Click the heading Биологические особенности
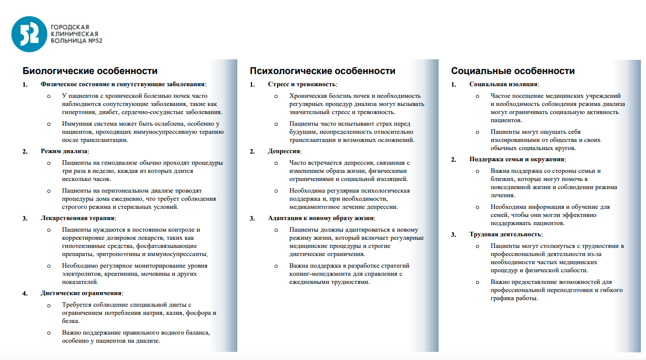click(87, 71)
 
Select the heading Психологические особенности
click(322, 71)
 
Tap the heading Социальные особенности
click(513, 71)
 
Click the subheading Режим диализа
click(64, 151)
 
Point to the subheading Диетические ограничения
click(81, 293)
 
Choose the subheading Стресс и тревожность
click(302, 84)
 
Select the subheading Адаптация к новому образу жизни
click(321, 218)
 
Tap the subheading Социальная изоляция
click(504, 84)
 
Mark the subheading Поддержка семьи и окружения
click(514, 159)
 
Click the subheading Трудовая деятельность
click(505, 234)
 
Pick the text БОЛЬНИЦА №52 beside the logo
click(76, 41)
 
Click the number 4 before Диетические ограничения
click(24, 293)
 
